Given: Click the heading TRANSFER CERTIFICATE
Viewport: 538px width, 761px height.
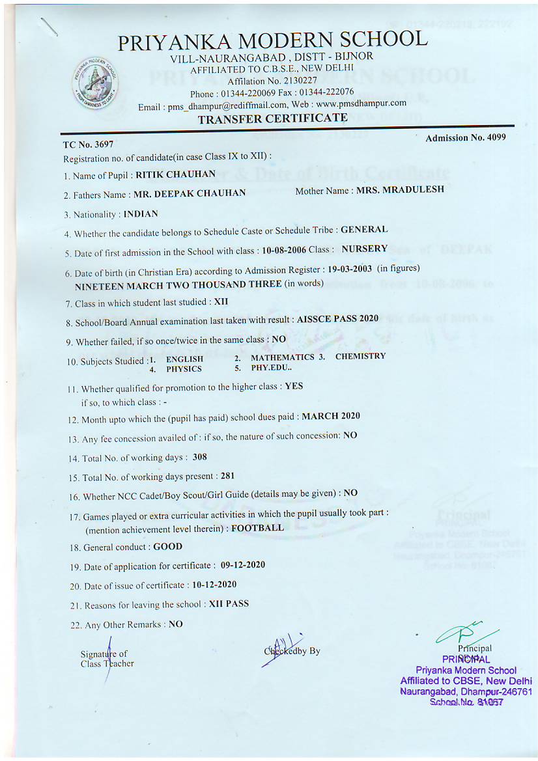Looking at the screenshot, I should (x=272, y=118).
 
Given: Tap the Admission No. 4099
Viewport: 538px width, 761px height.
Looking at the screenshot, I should (x=465, y=137).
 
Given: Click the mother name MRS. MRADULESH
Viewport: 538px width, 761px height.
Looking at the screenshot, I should (x=400, y=189).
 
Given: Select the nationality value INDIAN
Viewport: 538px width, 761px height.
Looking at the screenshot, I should (x=141, y=214).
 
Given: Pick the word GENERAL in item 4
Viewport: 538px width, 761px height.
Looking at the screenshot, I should (x=364, y=229).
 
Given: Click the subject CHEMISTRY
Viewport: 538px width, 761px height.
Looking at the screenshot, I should (x=360, y=356).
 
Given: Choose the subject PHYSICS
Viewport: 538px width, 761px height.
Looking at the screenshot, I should (x=184, y=368).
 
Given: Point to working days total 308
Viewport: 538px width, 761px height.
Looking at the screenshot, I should (x=200, y=457).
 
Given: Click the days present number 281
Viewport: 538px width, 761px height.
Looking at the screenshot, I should (x=228, y=476).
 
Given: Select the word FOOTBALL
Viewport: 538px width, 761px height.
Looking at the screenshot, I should (x=257, y=527).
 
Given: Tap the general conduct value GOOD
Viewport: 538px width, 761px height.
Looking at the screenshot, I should (x=167, y=547).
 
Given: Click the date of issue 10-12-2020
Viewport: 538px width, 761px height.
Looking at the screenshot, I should (x=214, y=585).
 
